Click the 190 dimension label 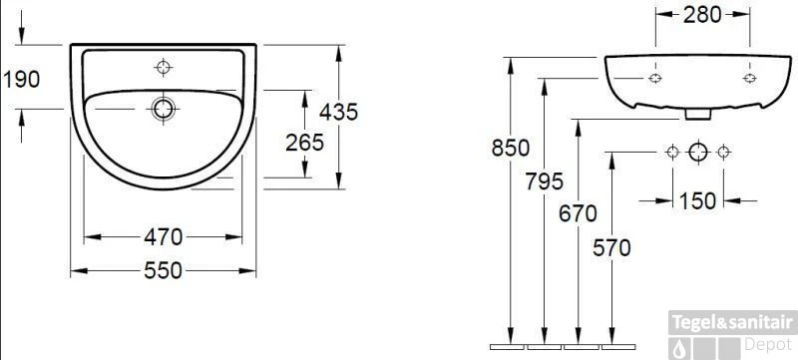point(21,80)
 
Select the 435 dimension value point(339,112)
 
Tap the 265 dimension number point(304,143)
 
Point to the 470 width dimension point(163,237)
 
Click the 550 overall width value point(163,270)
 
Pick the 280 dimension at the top point(702,15)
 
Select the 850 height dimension point(511,148)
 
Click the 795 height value point(545,181)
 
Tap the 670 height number point(578,213)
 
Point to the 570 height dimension point(611,248)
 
